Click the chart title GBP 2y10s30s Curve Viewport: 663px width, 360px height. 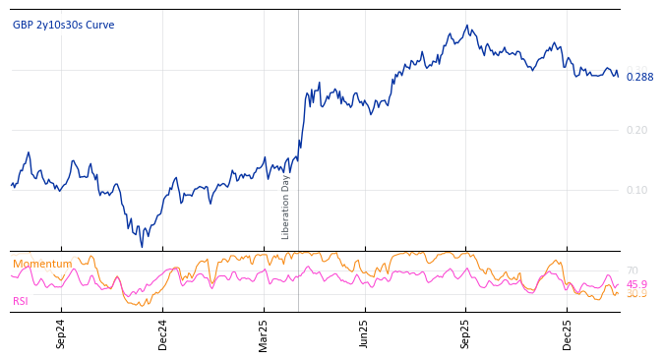[63, 26]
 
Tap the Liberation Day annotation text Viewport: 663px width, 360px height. [286, 207]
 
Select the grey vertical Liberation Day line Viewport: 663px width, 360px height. [298, 118]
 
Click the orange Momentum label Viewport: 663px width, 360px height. [42, 265]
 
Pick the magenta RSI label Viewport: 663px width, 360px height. [21, 301]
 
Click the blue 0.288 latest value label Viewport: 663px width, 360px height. [639, 78]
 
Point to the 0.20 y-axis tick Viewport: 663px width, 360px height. [637, 130]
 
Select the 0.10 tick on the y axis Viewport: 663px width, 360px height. [637, 190]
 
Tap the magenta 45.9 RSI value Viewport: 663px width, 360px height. [637, 284]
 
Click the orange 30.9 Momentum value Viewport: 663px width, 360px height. [637, 294]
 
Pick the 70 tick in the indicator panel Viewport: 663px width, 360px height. [633, 270]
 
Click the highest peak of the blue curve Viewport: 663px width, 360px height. [467, 26]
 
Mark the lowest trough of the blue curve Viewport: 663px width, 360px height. [142, 246]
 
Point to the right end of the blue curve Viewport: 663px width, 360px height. [618, 76]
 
